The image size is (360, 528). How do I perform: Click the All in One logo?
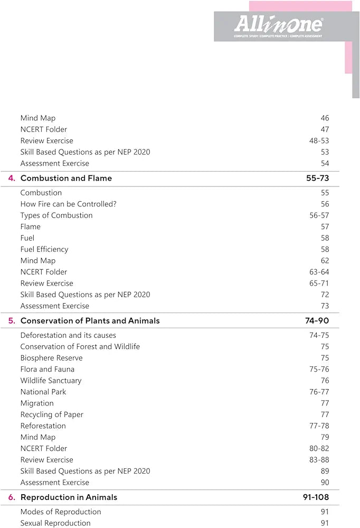pos(278,25)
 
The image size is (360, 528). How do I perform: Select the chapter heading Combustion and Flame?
pos(66,178)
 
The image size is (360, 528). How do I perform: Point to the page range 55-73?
pos(317,178)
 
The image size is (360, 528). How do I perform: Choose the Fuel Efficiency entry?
pos(44,249)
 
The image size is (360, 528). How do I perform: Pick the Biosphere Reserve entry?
pos(51,358)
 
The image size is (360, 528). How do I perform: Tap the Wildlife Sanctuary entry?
pos(51,381)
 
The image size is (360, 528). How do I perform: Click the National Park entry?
pos(43,392)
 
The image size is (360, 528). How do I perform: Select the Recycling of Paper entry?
pos(52,414)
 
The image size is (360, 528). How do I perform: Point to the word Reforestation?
pos(43,426)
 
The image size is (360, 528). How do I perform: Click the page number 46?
pos(325,118)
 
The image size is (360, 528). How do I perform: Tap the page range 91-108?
pos(315,497)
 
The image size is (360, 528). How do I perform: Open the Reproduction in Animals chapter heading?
pos(69,497)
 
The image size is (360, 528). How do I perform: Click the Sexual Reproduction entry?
pos(55,523)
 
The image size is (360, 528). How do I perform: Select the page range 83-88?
pos(319,460)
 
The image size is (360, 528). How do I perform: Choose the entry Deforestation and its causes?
pos(68,335)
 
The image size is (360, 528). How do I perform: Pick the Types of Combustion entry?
pos(56,215)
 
